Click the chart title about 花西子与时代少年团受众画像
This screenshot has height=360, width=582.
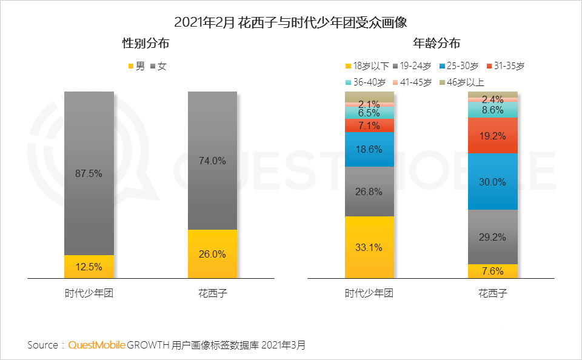[290, 22]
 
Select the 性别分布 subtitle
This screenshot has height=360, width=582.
[145, 44]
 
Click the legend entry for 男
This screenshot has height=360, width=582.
[136, 66]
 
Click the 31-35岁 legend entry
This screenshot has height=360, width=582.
[505, 66]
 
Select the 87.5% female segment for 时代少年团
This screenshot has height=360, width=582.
[89, 173]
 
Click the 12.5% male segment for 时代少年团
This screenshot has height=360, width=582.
[89, 267]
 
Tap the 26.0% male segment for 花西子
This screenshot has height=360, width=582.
[212, 254]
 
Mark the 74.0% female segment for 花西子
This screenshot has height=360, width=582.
[212, 161]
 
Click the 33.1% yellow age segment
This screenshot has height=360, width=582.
[369, 247]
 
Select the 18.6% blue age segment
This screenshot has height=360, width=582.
[369, 149]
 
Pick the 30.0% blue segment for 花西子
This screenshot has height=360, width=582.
[492, 182]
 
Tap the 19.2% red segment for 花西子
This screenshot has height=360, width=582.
[492, 136]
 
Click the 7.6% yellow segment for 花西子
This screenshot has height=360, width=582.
[492, 272]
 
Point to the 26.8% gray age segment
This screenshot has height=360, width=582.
[369, 192]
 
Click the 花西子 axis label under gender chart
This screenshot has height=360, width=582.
[212, 294]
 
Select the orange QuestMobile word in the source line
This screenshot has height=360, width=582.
[97, 345]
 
